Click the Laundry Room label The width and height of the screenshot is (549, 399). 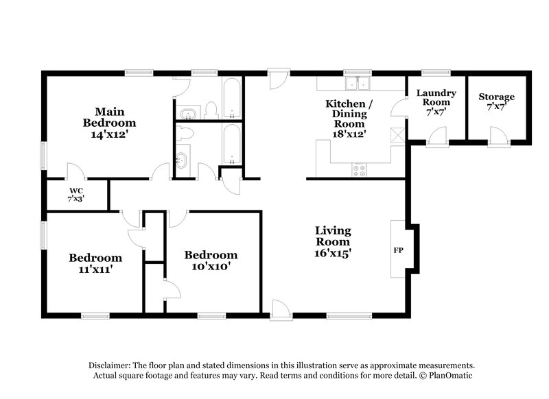point(432,101)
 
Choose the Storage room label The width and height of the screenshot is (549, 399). point(496,102)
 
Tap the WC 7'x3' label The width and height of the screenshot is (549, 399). point(75,193)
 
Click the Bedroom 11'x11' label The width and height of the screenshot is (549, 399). point(95,263)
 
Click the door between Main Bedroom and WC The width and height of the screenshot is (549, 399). point(75,171)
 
